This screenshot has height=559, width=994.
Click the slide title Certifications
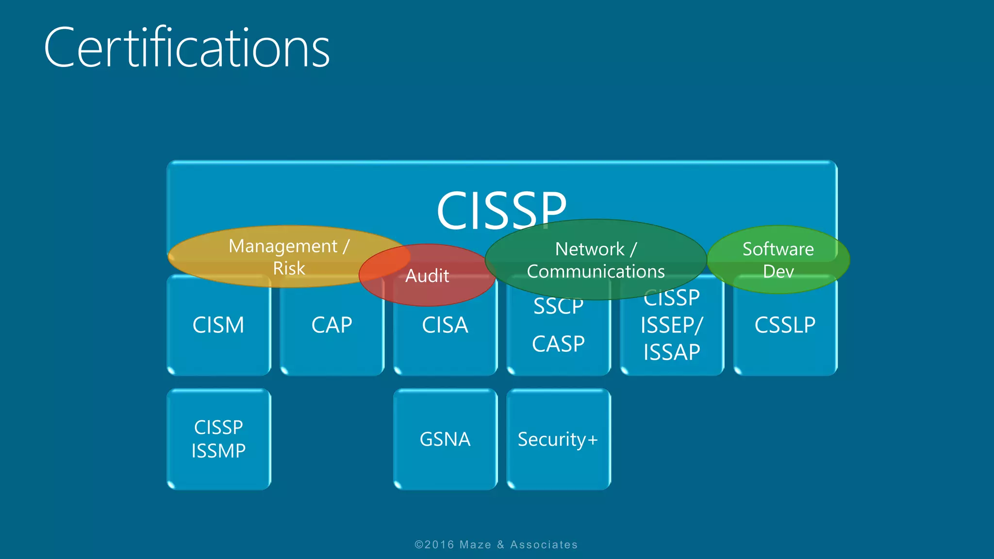click(187, 48)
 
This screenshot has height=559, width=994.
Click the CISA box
click(445, 335)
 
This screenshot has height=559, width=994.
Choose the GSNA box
click(445, 439)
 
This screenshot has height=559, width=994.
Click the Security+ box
click(558, 439)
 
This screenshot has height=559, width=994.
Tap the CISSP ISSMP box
click(218, 439)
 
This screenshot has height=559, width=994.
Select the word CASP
click(558, 344)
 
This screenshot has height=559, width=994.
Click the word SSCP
click(558, 307)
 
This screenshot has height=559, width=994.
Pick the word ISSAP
click(672, 352)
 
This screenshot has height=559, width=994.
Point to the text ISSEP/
click(672, 325)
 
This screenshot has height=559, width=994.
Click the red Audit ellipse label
click(427, 276)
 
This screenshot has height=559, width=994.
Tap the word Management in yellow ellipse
click(283, 246)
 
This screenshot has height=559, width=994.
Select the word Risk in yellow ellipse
click(289, 268)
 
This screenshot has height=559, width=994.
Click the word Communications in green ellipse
click(596, 272)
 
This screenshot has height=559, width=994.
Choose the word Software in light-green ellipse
click(778, 249)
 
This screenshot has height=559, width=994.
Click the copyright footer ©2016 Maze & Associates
click(496, 544)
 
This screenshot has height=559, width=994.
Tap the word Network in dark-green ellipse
click(590, 249)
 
